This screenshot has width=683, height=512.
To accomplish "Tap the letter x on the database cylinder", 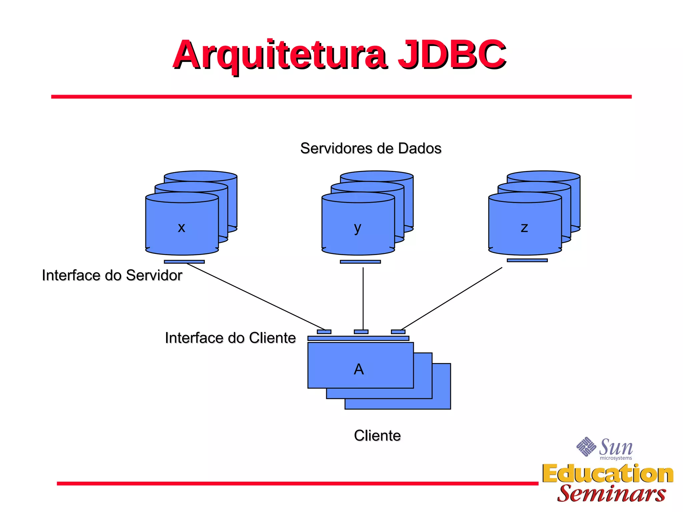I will (x=181, y=228).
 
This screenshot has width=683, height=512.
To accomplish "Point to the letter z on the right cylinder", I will (x=524, y=228).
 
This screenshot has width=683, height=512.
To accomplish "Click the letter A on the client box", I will (x=359, y=369).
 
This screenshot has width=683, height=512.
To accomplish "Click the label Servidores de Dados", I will (x=371, y=148).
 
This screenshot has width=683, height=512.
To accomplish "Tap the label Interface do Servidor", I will (x=112, y=275).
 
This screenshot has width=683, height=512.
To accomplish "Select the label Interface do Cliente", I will (x=230, y=338).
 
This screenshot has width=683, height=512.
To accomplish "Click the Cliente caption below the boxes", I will (x=377, y=436).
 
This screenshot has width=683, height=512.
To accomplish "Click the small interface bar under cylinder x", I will (x=184, y=262).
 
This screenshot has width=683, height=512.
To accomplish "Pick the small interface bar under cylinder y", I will (x=360, y=262).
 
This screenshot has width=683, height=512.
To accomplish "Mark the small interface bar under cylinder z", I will (x=527, y=260).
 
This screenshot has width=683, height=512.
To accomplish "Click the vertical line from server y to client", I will (x=363, y=298).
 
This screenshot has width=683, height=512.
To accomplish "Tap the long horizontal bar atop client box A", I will (x=358, y=338).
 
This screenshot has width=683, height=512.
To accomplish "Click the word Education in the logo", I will (x=608, y=474).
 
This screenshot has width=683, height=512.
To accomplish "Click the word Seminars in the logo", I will (x=611, y=494).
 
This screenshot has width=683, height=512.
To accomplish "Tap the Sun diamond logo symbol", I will (x=586, y=447).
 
